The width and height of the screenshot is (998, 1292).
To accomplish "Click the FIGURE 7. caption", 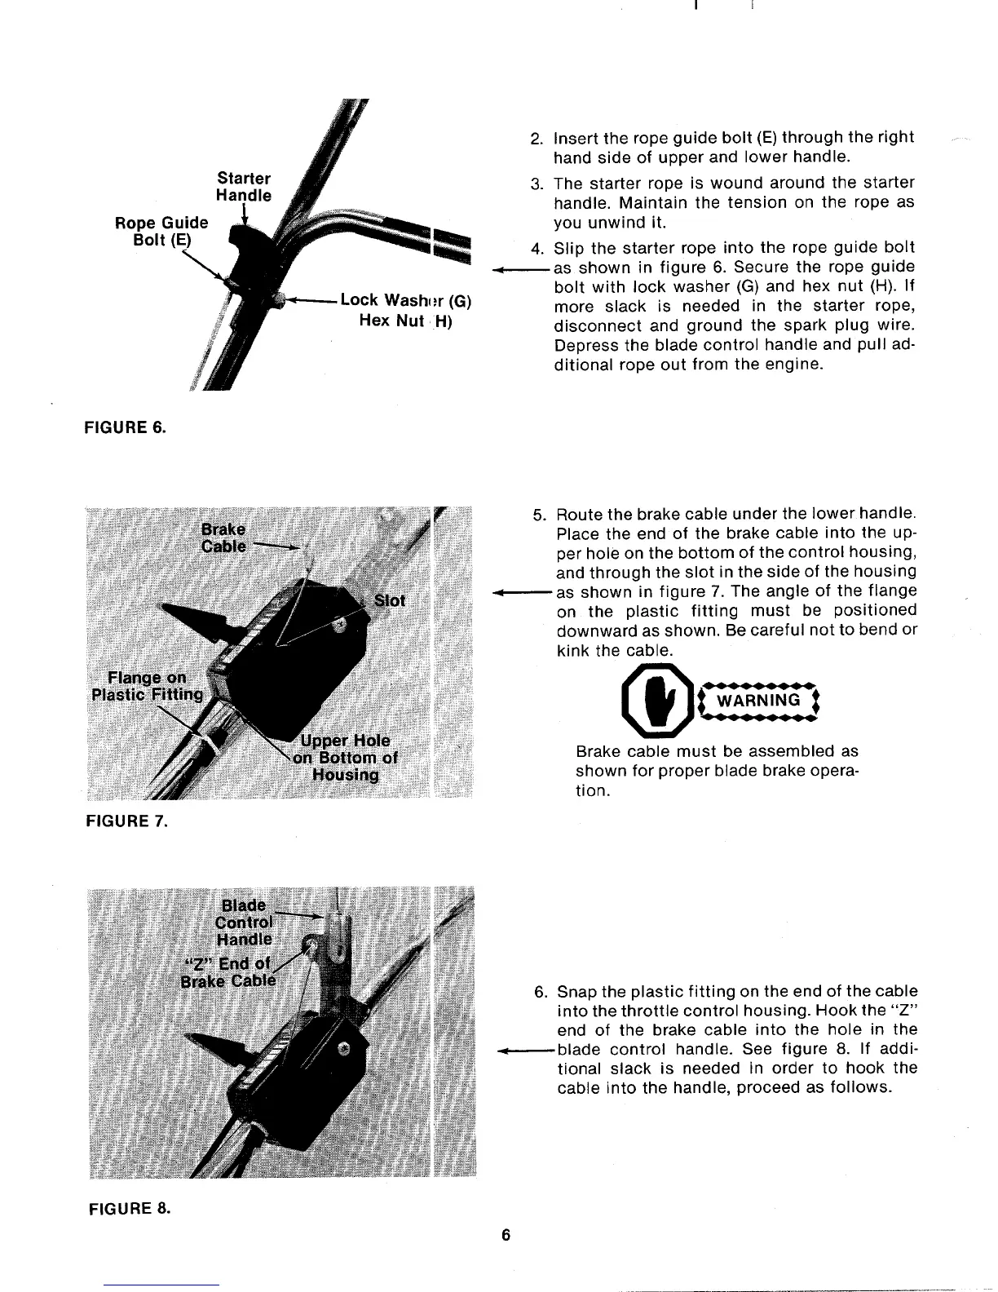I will pos(126,821).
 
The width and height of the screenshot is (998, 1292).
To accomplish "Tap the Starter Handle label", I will pos(243,187).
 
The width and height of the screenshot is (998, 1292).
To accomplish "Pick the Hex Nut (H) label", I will pos(405,321).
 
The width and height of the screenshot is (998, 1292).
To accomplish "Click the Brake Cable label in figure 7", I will pos(223,538).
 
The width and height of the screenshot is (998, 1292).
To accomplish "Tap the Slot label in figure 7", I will pos(389,601).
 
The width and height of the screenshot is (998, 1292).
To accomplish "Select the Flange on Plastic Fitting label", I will pos(146,687).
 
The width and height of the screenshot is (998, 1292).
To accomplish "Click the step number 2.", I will pos(536,139).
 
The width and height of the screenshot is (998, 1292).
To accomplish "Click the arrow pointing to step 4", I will pos(520,268).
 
